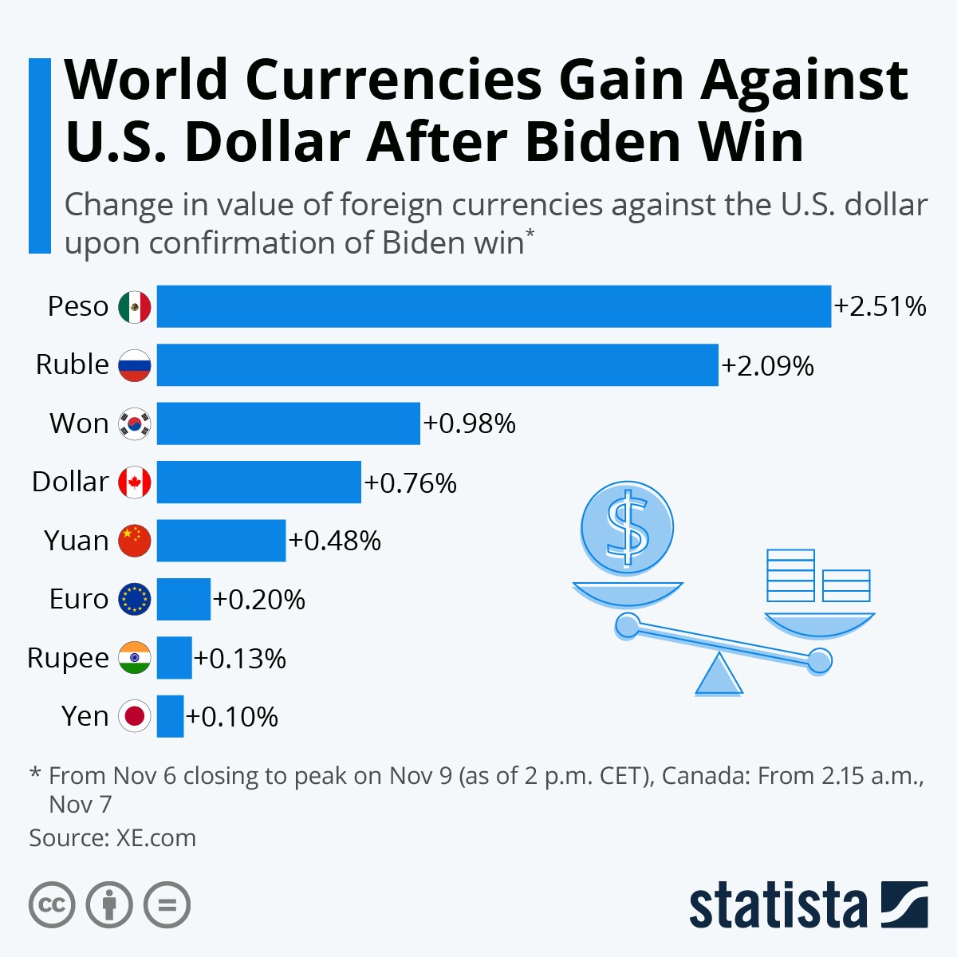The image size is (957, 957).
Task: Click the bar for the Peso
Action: (x=494, y=306)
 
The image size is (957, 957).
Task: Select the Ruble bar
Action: (x=437, y=364)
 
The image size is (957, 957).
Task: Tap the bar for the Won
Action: (x=288, y=423)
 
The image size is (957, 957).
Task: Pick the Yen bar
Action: (x=170, y=716)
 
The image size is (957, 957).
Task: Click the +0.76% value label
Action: (x=411, y=483)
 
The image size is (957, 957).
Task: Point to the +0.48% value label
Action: (x=335, y=541)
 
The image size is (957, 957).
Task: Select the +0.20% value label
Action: (x=259, y=600)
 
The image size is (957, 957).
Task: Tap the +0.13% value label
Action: (x=240, y=659)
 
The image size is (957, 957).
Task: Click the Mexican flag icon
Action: (x=134, y=307)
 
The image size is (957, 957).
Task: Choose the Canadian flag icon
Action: (x=134, y=482)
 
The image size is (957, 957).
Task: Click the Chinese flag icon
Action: (x=134, y=541)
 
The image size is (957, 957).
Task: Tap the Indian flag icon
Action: (x=134, y=658)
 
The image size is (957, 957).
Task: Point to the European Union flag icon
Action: (x=134, y=600)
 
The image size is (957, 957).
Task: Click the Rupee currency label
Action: (x=68, y=658)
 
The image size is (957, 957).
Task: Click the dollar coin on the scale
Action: (x=628, y=527)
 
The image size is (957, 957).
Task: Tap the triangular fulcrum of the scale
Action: (x=719, y=676)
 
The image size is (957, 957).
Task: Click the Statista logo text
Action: (x=778, y=905)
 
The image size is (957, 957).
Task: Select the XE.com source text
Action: (x=156, y=838)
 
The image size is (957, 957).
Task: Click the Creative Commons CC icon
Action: (x=52, y=905)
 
